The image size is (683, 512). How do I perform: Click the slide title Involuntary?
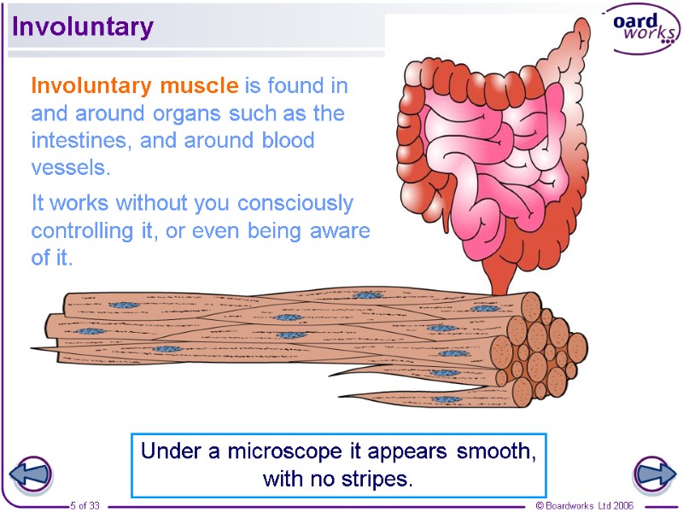82,27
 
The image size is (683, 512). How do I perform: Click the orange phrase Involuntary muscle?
134,86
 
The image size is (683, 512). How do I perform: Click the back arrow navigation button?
30,474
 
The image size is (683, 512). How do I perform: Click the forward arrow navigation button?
654,474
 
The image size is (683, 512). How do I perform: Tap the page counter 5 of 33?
85,505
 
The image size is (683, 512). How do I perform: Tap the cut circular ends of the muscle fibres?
542,350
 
